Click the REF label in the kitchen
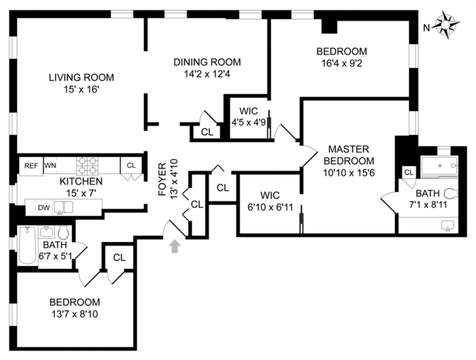[x=32, y=165]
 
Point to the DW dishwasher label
[x=44, y=207]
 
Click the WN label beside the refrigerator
[x=50, y=165]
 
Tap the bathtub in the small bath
[x=27, y=245]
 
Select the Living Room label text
[x=81, y=77]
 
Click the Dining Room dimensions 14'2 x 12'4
[x=207, y=74]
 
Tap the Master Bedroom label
[x=348, y=155]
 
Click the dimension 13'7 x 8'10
[x=74, y=315]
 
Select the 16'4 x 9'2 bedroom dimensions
[x=342, y=64]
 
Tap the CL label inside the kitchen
[x=132, y=165]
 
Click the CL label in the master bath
[x=409, y=173]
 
